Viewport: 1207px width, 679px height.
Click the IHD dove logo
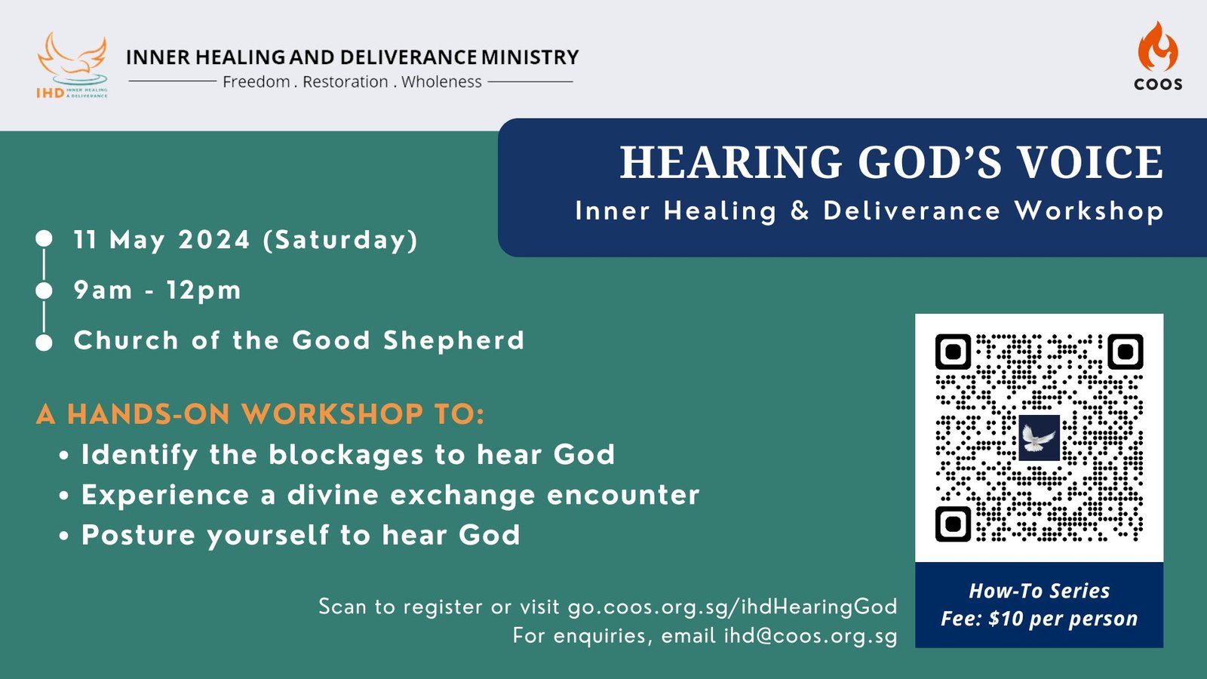point(72,65)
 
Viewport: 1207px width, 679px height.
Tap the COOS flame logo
point(1158,56)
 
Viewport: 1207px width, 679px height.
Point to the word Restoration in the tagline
point(346,82)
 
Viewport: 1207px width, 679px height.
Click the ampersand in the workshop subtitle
point(800,210)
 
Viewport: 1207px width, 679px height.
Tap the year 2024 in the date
point(214,240)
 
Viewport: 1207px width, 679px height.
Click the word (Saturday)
point(340,241)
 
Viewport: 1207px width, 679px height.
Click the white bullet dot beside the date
point(45,238)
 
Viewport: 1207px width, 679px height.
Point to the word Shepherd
point(453,340)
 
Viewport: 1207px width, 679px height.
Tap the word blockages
point(346,455)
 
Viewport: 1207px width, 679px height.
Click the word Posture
point(139,535)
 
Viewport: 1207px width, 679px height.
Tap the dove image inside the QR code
point(1039,438)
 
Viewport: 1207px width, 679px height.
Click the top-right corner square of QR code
point(1125,352)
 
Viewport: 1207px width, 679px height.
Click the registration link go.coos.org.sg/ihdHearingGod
point(732,607)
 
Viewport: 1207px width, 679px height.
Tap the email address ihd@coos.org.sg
point(810,636)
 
